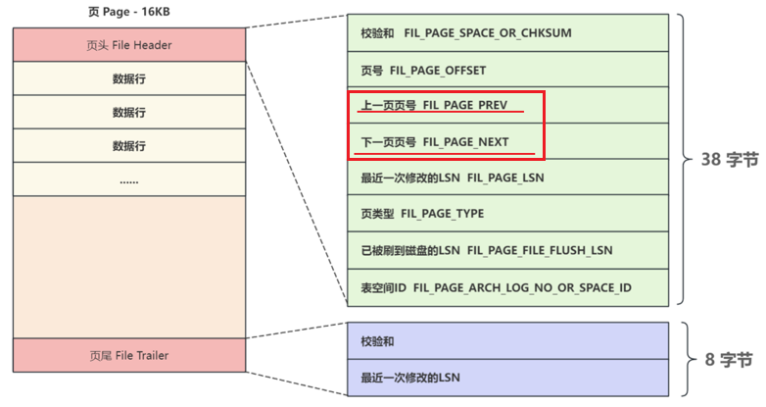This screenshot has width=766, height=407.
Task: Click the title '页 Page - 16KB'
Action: click(128, 13)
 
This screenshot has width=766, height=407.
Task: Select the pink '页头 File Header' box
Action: click(128, 45)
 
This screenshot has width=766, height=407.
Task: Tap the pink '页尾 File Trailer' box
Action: click(128, 355)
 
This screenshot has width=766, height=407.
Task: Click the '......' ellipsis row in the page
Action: click(128, 180)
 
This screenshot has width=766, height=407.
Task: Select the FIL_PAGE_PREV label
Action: click(465, 105)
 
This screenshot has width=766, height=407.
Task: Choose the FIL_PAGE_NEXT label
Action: click(466, 142)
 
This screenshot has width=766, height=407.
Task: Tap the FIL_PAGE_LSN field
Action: click(505, 178)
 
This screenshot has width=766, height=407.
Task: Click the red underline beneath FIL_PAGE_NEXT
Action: click(446, 154)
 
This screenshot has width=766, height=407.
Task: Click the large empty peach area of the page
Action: click(128, 265)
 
